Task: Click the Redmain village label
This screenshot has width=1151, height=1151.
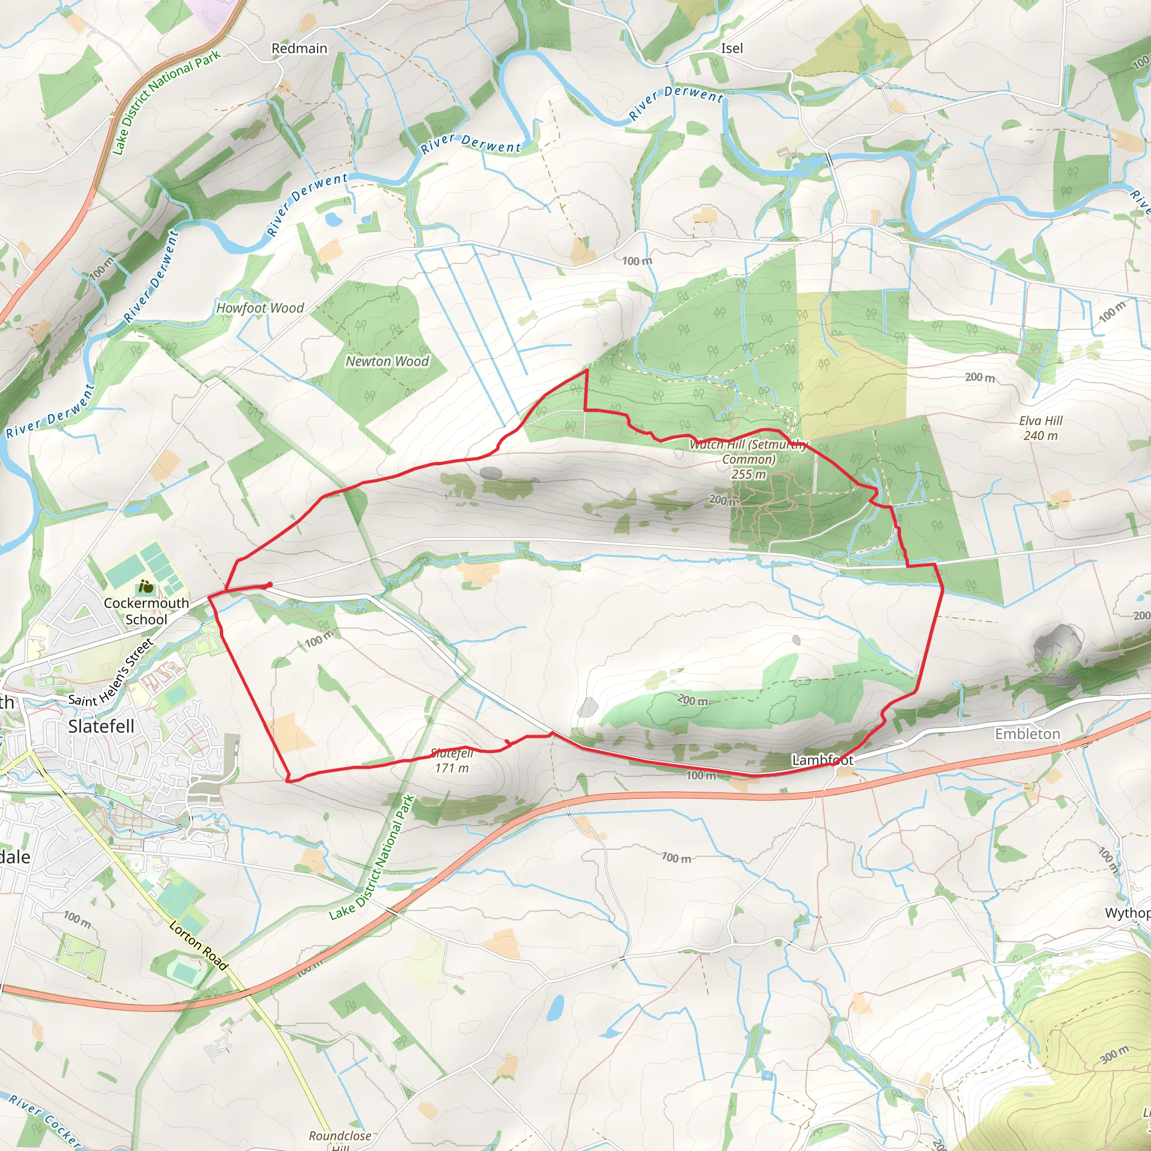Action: (x=299, y=48)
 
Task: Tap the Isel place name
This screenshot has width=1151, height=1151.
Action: (x=732, y=48)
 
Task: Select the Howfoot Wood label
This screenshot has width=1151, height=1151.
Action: (x=260, y=308)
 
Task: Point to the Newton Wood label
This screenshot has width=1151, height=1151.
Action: (x=387, y=361)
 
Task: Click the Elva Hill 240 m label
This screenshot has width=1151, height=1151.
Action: (x=1040, y=428)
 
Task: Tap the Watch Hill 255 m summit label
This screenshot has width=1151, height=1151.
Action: (x=749, y=459)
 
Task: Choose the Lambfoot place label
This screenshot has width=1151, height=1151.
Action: (x=822, y=760)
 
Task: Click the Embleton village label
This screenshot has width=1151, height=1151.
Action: (x=1027, y=734)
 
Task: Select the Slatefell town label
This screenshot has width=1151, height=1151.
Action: (x=101, y=726)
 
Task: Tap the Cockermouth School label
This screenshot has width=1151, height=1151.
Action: (x=146, y=611)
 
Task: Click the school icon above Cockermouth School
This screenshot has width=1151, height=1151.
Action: (x=146, y=587)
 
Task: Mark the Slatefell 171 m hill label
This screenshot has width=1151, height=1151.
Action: (x=452, y=761)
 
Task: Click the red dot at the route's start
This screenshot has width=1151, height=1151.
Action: (x=270, y=585)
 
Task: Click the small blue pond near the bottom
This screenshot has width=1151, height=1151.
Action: (x=555, y=1006)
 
